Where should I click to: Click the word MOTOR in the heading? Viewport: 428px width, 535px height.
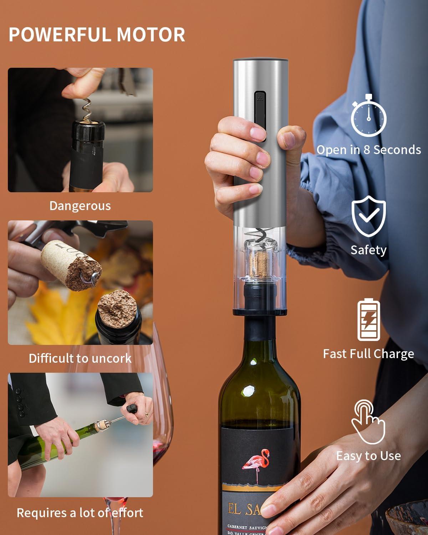click(151, 35)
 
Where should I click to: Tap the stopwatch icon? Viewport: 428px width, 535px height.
click(368, 116)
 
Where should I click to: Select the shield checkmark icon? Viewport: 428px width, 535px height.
click(368, 216)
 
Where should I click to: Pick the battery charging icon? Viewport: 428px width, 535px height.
click(369, 320)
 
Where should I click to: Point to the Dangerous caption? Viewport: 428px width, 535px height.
click(80, 206)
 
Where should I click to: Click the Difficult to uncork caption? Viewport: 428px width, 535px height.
click(80, 358)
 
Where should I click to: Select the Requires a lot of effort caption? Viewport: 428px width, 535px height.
click(80, 513)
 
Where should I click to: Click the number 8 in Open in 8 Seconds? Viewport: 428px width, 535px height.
click(367, 150)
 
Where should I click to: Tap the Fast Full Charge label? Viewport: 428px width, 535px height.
click(368, 354)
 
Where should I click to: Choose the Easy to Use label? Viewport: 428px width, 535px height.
click(368, 456)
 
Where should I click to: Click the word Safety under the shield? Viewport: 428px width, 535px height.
click(368, 250)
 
